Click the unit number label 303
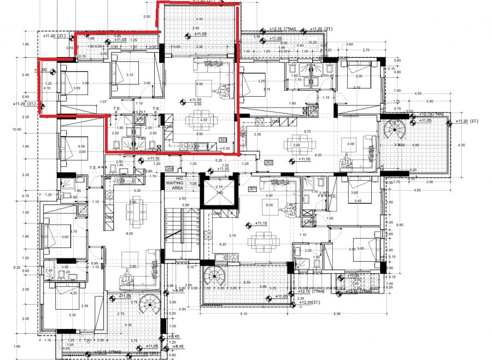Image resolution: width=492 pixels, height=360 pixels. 223,140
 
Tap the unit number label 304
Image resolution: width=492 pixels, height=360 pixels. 169,168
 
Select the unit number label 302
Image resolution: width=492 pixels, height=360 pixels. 268,162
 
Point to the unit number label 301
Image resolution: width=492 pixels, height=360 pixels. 252,190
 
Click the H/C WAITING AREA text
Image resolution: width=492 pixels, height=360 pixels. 178,182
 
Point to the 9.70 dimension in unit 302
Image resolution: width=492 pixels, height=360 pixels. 307,132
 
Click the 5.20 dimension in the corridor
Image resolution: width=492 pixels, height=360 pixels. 219,161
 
